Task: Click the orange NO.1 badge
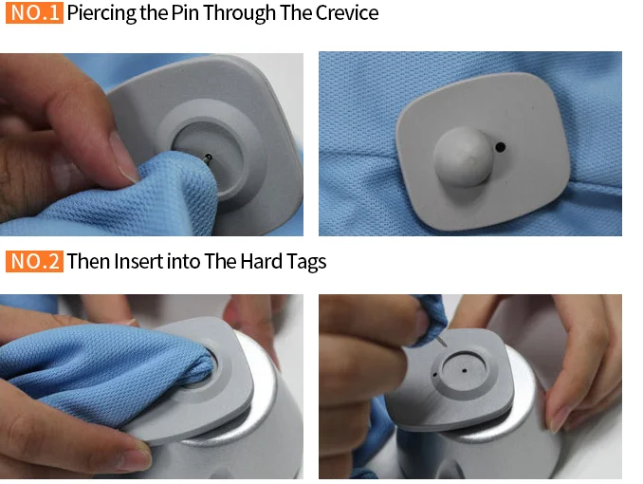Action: pyautogui.click(x=34, y=12)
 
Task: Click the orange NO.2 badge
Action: pyautogui.click(x=34, y=261)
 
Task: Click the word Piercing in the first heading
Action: pyautogui.click(x=101, y=13)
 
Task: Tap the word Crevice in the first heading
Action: pyautogui.click(x=347, y=12)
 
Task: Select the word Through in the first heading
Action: pyautogui.click(x=239, y=13)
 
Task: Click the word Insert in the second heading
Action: pyautogui.click(x=138, y=262)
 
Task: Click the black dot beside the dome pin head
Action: pyautogui.click(x=501, y=147)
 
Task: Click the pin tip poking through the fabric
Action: pyautogui.click(x=209, y=158)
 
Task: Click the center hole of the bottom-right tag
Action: pyautogui.click(x=464, y=371)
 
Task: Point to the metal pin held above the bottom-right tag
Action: pyautogui.click(x=442, y=341)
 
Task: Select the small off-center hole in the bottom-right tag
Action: pyautogui.click(x=434, y=374)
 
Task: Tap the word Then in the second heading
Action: pyautogui.click(x=88, y=261)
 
